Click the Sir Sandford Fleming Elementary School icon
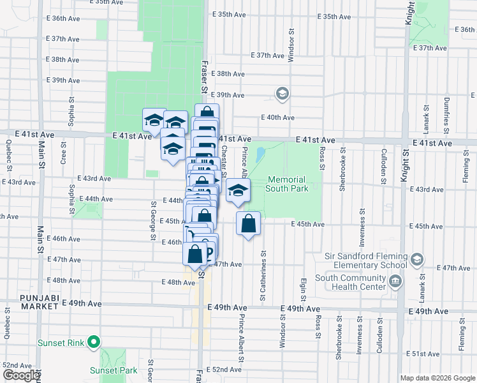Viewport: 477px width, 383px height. coord(416,259)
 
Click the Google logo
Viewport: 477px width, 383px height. coord(22,375)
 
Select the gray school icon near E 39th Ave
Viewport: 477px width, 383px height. coord(281,94)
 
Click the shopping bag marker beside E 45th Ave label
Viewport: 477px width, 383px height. coord(249,224)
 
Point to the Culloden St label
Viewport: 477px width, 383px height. coord(383,166)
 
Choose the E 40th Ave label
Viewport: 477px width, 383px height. coord(277,117)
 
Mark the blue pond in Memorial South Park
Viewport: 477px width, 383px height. coord(260,155)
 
